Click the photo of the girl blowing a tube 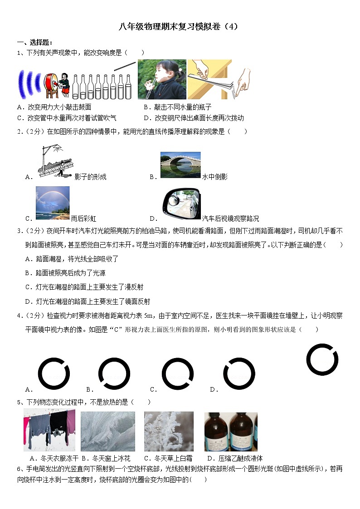[x=162, y=79]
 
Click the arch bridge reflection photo [x=180, y=165]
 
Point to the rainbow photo [x=53, y=203]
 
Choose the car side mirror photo [x=181, y=203]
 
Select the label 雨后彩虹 [x=83, y=219]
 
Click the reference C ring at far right [x=322, y=360]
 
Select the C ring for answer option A [x=54, y=374]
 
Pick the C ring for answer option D [x=239, y=374]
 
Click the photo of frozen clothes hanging [x=49, y=431]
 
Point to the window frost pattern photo [x=108, y=431]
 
